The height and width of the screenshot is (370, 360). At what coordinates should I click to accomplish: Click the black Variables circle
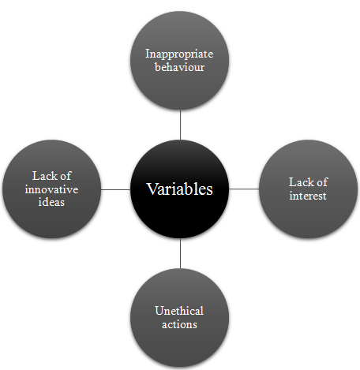pos(180,189)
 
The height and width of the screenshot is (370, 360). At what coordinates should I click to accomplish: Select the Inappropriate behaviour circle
pos(180,61)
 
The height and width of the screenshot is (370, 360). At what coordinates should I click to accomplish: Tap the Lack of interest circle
pos(308,189)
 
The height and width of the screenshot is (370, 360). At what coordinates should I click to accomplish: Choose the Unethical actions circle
pos(180,317)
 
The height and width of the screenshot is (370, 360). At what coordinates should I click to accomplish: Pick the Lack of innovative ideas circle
pos(51,189)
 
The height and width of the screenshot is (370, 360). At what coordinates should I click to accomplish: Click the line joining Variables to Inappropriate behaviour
pos(180,125)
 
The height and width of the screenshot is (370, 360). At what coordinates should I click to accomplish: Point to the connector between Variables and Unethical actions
pos(180,253)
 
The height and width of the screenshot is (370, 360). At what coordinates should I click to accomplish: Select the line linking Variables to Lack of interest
pos(244,189)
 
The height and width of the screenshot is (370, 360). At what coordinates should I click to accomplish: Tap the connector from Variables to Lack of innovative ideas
pos(116,189)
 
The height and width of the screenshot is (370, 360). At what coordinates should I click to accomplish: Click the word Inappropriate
pos(179,54)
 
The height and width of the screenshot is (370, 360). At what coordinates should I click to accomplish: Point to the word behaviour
pos(179,67)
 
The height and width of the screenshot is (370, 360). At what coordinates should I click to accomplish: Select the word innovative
pos(51,189)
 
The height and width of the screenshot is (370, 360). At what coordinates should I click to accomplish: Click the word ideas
pos(51,202)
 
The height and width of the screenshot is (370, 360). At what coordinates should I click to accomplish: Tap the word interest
pos(308,196)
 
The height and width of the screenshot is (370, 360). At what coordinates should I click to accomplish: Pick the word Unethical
pos(179,311)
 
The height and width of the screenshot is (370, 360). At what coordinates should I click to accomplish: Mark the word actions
pos(179,324)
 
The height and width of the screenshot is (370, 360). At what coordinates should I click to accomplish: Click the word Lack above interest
pos(300,182)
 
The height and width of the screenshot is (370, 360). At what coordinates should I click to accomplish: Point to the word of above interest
pos(322,182)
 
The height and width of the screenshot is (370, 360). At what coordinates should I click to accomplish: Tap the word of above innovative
pos(66,176)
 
